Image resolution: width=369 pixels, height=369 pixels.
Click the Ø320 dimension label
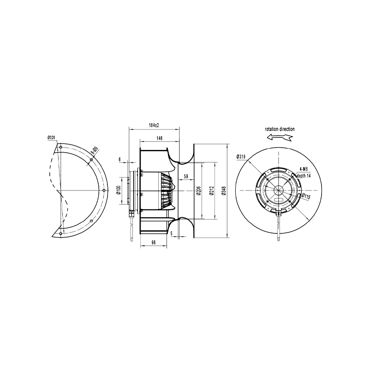(51, 137)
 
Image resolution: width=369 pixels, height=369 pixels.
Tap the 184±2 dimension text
(154, 125)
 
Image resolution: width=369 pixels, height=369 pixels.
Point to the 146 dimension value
(160, 138)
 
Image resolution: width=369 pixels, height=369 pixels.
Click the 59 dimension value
(186, 176)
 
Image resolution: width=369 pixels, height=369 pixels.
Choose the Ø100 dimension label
(119, 190)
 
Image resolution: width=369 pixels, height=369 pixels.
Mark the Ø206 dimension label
(198, 191)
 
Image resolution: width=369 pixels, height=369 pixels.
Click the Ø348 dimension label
(224, 191)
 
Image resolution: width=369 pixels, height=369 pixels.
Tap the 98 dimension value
(154, 243)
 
